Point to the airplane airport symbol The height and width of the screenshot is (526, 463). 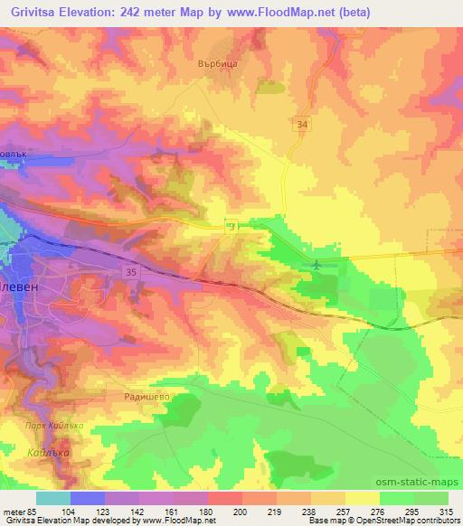(316, 265)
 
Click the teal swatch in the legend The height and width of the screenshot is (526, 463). (53, 498)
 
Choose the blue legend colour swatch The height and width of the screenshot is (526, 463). (88, 498)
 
